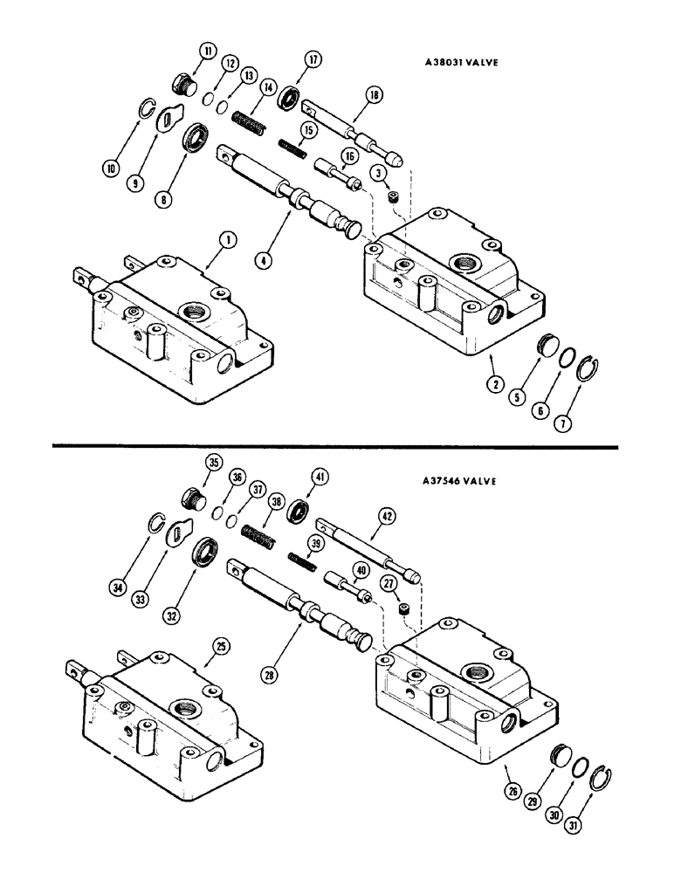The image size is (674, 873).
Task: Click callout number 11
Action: pyautogui.click(x=210, y=53)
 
